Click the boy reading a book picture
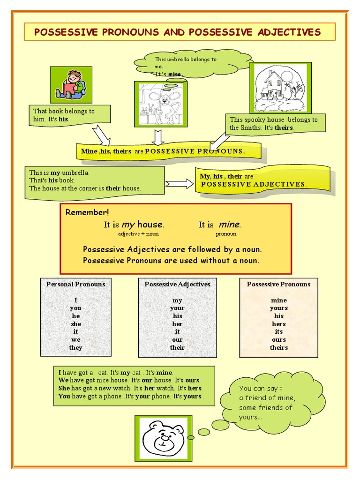(x=71, y=84)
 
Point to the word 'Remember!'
(x=87, y=212)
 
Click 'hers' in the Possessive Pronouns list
(x=278, y=324)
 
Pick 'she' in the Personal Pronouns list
(x=75, y=324)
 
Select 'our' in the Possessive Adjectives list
(x=177, y=340)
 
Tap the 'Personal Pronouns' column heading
(x=75, y=284)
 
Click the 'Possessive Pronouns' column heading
(x=278, y=284)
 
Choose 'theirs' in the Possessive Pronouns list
(x=278, y=348)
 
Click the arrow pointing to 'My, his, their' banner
(x=180, y=184)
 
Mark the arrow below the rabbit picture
(x=157, y=136)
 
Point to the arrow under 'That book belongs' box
(x=101, y=135)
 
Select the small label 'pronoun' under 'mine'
(x=226, y=233)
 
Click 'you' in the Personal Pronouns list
(x=75, y=308)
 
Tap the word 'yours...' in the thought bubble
(x=251, y=417)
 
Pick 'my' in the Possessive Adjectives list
(x=177, y=300)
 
